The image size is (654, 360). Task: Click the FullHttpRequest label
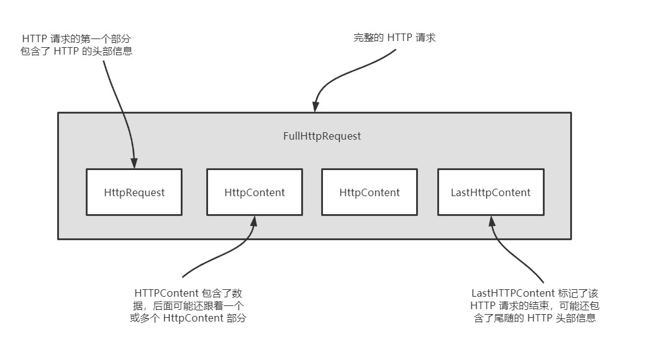coord(322,136)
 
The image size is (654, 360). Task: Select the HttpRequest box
coord(134,192)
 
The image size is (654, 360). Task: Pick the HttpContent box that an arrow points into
coord(255,192)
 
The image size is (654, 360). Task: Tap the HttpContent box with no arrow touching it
coord(370,192)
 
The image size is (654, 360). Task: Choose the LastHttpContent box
coord(491,192)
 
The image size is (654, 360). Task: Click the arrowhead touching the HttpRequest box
coord(134,164)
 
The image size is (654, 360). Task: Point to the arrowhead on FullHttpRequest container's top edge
coord(316,108)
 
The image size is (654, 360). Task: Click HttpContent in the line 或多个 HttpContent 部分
coord(193,318)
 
